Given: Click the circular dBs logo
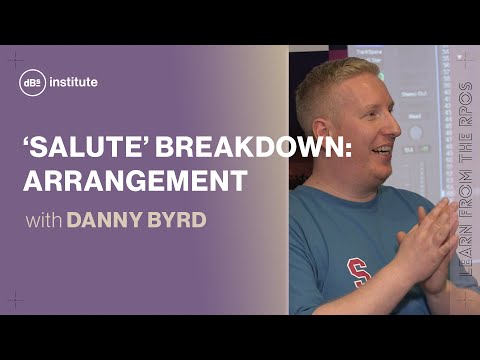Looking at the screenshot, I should [x=31, y=82].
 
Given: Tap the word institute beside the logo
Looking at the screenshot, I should [x=70, y=82].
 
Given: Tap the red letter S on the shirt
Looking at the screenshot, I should [x=356, y=270].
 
